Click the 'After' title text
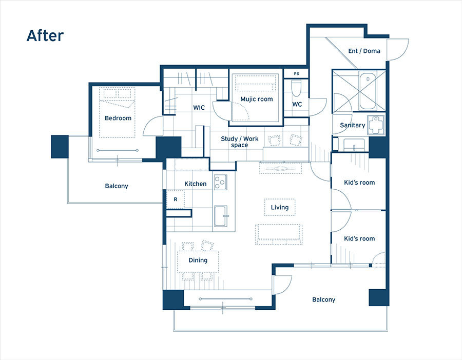click(x=45, y=35)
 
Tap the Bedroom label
click(x=118, y=118)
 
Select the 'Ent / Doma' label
click(x=364, y=51)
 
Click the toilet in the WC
click(x=296, y=88)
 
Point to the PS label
click(x=296, y=73)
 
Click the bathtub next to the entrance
click(x=368, y=90)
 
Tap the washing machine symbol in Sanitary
click(x=376, y=126)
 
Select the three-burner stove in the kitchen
click(x=220, y=182)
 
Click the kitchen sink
click(x=220, y=216)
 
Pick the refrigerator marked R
click(x=176, y=199)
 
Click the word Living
click(x=280, y=207)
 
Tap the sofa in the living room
click(x=279, y=234)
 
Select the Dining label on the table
click(x=198, y=260)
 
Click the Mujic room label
click(x=257, y=99)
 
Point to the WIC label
click(x=199, y=108)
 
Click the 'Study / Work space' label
click(x=240, y=142)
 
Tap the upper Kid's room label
click(x=359, y=183)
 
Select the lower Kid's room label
click(x=359, y=238)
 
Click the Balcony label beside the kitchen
click(x=117, y=186)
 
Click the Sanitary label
click(x=352, y=125)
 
